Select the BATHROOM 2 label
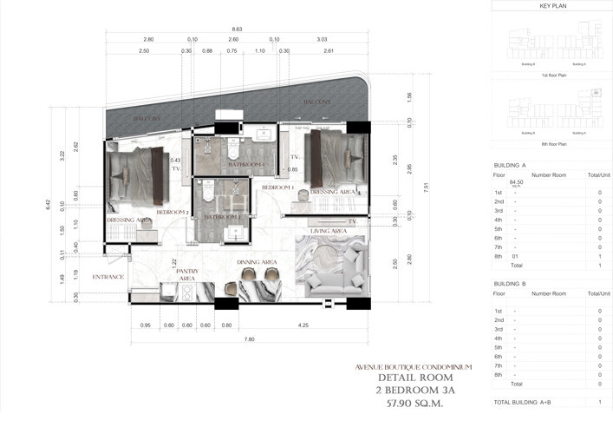tap(221, 216)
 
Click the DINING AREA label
tap(257, 261)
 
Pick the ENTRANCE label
tap(109, 277)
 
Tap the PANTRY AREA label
tap(186, 275)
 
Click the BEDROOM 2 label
tap(173, 212)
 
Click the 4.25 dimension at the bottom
tap(303, 326)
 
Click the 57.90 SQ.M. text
tap(421, 404)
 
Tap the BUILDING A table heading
tap(510, 165)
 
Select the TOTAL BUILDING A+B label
tap(525, 403)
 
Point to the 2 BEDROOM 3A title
tap(421, 391)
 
